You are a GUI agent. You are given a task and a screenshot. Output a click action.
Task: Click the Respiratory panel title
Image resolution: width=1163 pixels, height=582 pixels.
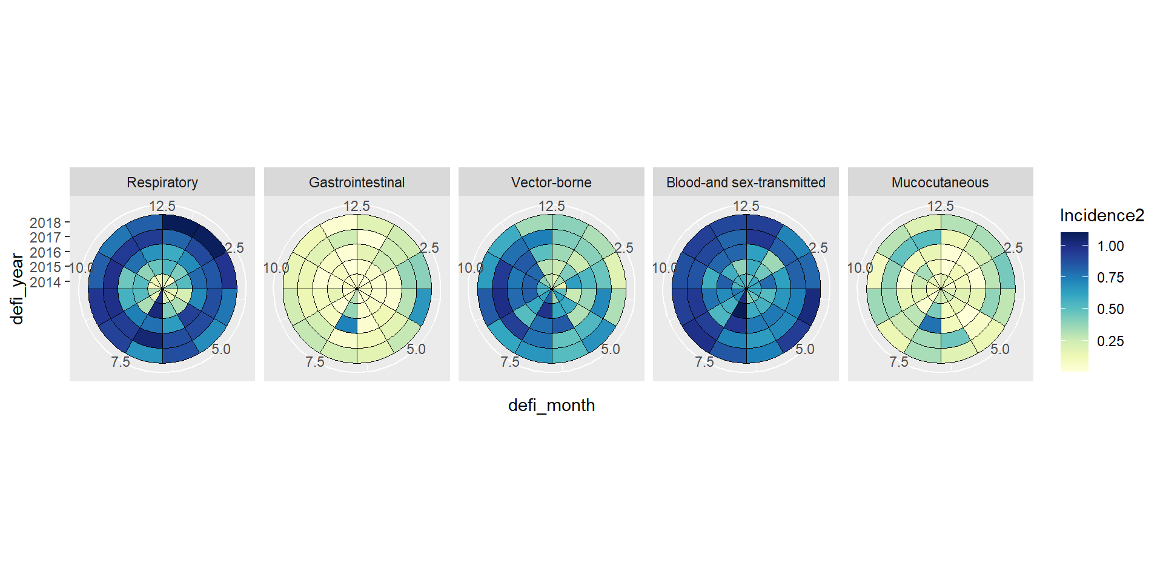tap(162, 182)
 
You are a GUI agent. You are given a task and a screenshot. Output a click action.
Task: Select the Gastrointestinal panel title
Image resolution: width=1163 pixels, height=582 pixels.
tap(357, 182)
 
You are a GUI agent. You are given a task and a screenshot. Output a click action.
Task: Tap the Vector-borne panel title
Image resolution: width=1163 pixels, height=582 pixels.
tap(551, 182)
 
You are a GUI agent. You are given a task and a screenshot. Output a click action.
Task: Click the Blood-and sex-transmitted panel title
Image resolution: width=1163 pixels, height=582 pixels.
tap(746, 182)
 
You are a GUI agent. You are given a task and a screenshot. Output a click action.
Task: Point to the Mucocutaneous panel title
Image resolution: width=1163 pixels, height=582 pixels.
tap(940, 182)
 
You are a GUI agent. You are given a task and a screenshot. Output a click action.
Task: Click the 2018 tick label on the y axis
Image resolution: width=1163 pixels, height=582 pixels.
tap(45, 223)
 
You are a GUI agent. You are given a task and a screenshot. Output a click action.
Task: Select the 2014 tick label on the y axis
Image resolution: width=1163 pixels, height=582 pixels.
tap(45, 283)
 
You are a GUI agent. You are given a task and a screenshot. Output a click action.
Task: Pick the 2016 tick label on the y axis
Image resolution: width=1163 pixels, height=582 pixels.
tap(45, 253)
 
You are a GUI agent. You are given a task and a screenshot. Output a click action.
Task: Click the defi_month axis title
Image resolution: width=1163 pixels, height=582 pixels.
tap(551, 405)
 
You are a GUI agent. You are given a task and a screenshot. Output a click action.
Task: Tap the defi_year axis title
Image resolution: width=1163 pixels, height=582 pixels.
tap(17, 289)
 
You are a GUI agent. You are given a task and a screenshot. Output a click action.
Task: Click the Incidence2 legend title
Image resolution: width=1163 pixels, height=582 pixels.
tap(1102, 215)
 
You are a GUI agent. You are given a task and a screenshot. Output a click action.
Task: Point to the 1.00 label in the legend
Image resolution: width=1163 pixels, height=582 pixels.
tap(1110, 246)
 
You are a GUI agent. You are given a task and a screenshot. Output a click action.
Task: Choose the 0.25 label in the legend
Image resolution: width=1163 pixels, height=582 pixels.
tap(1110, 341)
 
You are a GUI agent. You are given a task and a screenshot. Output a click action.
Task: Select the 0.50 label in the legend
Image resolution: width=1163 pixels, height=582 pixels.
tap(1110, 309)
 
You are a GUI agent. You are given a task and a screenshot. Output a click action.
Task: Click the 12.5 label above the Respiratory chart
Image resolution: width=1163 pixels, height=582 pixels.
tap(162, 206)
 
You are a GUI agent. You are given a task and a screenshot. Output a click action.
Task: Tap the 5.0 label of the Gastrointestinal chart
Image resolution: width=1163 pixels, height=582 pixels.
tap(416, 349)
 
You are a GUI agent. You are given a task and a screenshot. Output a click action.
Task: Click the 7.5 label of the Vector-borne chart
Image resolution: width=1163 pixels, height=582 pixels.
tap(509, 362)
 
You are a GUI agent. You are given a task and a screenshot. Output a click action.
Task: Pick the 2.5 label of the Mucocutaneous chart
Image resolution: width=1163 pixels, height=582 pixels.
tap(1013, 248)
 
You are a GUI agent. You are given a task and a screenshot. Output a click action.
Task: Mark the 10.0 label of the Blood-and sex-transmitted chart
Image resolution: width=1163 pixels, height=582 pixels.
tap(664, 268)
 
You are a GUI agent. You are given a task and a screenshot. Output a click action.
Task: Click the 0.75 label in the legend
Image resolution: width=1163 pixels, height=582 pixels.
tap(1110, 278)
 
